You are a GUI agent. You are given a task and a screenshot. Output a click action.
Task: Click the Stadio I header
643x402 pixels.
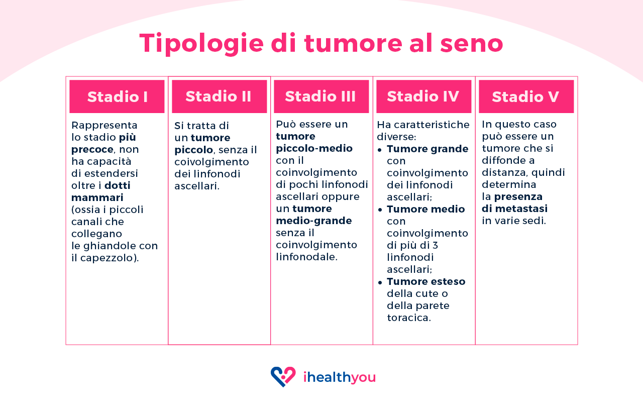click(x=117, y=96)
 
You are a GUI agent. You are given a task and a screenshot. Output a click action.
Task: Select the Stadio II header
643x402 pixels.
click(x=219, y=96)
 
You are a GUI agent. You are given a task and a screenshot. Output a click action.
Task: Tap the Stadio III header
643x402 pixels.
click(x=321, y=96)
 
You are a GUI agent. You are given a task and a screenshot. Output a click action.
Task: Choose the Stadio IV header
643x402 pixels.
click(x=423, y=96)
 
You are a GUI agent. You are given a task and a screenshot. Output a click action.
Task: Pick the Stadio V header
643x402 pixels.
click(x=526, y=96)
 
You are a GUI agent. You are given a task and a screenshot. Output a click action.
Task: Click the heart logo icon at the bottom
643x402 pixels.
click(x=283, y=376)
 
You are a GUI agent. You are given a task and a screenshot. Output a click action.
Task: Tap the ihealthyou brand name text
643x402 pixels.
click(x=339, y=377)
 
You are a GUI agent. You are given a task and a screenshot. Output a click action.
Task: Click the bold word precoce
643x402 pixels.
click(x=92, y=149)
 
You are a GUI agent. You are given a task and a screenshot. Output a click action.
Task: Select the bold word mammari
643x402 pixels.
click(x=97, y=197)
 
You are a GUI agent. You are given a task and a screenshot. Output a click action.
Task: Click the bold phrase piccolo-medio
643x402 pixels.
click(x=314, y=148)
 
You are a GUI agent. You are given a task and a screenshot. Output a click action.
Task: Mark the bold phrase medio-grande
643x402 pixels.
click(x=313, y=221)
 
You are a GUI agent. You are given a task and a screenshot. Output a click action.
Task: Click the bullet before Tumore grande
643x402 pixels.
click(x=380, y=150)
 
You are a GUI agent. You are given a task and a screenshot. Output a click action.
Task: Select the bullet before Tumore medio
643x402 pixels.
click(x=380, y=210)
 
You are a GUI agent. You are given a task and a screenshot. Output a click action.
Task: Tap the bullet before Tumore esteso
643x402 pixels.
click(x=380, y=282)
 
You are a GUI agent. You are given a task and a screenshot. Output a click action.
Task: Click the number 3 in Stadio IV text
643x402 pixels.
click(x=435, y=245)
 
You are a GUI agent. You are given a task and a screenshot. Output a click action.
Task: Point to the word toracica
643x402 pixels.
click(x=409, y=318)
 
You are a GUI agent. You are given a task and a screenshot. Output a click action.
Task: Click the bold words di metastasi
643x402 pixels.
click(x=514, y=209)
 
